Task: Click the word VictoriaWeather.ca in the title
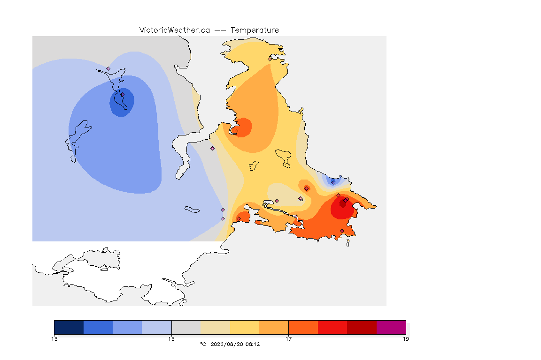pyautogui.click(x=175, y=30)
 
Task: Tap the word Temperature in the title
pyautogui.click(x=255, y=30)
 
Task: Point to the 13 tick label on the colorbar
pyautogui.click(x=54, y=339)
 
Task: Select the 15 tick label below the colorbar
pyautogui.click(x=171, y=339)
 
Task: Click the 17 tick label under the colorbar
pyautogui.click(x=288, y=339)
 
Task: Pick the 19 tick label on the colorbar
pyautogui.click(x=406, y=339)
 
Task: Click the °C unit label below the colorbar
pyautogui.click(x=203, y=344)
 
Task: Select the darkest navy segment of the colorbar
pyautogui.click(x=69, y=327)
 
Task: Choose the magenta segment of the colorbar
pyautogui.click(x=391, y=327)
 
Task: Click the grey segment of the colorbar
pyautogui.click(x=186, y=327)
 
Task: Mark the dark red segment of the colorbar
pyautogui.click(x=362, y=327)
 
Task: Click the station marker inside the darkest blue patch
pyautogui.click(x=122, y=94)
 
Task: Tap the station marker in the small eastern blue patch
pyautogui.click(x=333, y=182)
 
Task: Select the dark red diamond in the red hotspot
pyautogui.click(x=343, y=204)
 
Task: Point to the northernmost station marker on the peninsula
pyautogui.click(x=270, y=59)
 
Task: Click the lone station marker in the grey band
pyautogui.click(x=213, y=149)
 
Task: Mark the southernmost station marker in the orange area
pyautogui.click(x=342, y=231)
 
